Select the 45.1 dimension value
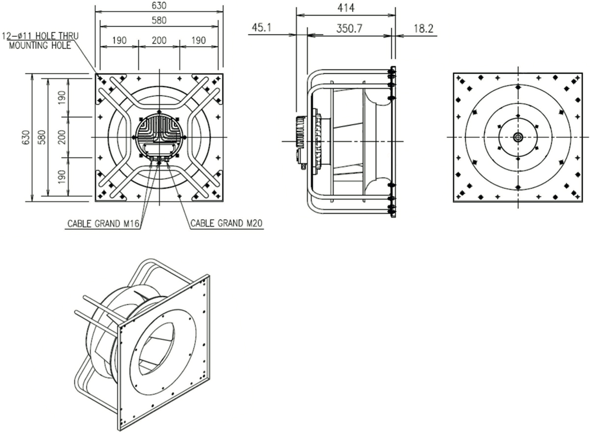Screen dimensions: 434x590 (262, 29)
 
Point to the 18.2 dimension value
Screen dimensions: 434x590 (423, 29)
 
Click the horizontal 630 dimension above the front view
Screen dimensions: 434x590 (158, 5)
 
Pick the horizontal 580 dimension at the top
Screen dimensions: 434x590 (158, 20)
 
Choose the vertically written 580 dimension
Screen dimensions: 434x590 (42, 137)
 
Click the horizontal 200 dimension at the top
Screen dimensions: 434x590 (159, 40)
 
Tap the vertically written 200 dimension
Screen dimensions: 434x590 (61, 137)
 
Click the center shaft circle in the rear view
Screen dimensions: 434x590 (518, 138)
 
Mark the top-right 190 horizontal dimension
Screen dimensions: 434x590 (199, 40)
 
